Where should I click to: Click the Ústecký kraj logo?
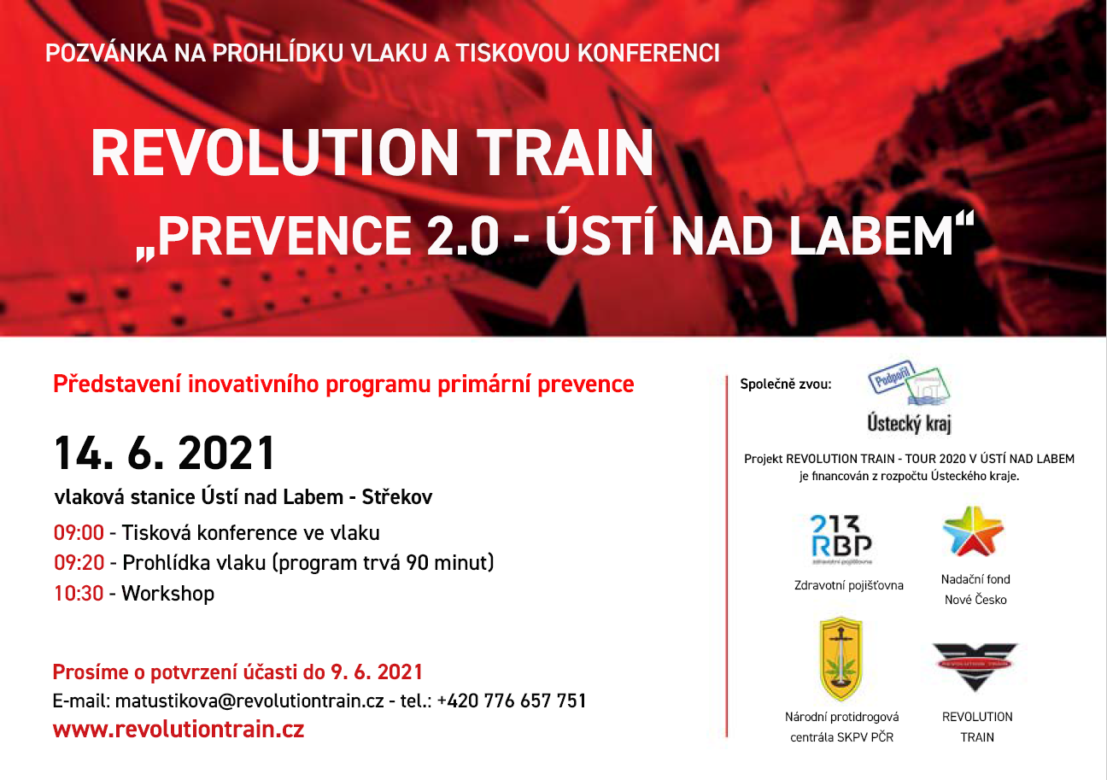point(910,397)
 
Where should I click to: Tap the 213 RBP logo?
point(841,539)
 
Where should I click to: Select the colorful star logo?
point(973,531)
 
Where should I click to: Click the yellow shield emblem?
point(841,659)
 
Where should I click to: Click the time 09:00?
point(79,533)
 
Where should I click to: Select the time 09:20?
point(79,562)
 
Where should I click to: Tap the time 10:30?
point(79,593)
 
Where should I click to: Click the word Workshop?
point(168,594)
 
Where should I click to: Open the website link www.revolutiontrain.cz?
point(179,729)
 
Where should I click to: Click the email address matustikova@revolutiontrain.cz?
point(249,701)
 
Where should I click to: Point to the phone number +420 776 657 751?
point(512,701)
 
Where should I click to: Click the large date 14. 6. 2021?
point(164,453)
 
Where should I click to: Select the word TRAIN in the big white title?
point(565,152)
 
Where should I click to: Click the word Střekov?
point(397,496)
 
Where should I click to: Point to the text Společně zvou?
point(786,384)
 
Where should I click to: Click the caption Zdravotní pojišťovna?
point(848,585)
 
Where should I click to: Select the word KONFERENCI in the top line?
point(648,53)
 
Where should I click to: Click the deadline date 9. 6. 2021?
point(377,672)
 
